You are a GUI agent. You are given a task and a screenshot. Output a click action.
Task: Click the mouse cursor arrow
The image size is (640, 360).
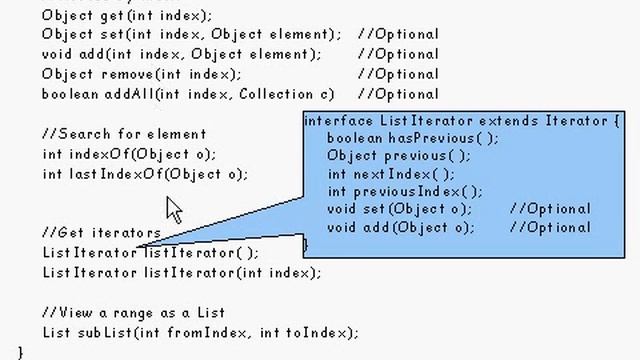(174, 210)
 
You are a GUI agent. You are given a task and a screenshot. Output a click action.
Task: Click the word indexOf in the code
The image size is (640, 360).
(95, 154)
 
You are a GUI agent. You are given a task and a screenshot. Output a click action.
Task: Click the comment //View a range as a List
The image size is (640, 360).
(134, 312)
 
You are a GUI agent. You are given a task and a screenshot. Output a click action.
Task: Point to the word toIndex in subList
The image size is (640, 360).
(312, 332)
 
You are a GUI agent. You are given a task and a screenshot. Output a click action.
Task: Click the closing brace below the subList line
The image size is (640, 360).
(20, 351)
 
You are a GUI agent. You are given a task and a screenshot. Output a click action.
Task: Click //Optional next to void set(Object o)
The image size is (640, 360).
(550, 209)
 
